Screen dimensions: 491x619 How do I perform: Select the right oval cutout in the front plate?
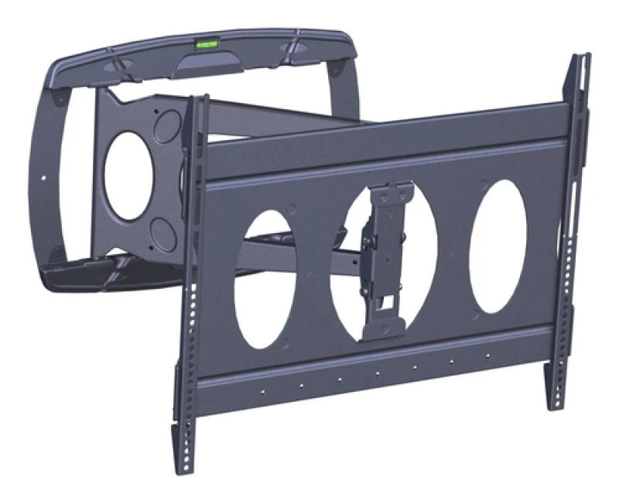(x=498, y=246)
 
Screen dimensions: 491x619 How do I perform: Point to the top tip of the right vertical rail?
(x=582, y=58)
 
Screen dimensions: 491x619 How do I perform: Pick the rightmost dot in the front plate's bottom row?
(x=487, y=355)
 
